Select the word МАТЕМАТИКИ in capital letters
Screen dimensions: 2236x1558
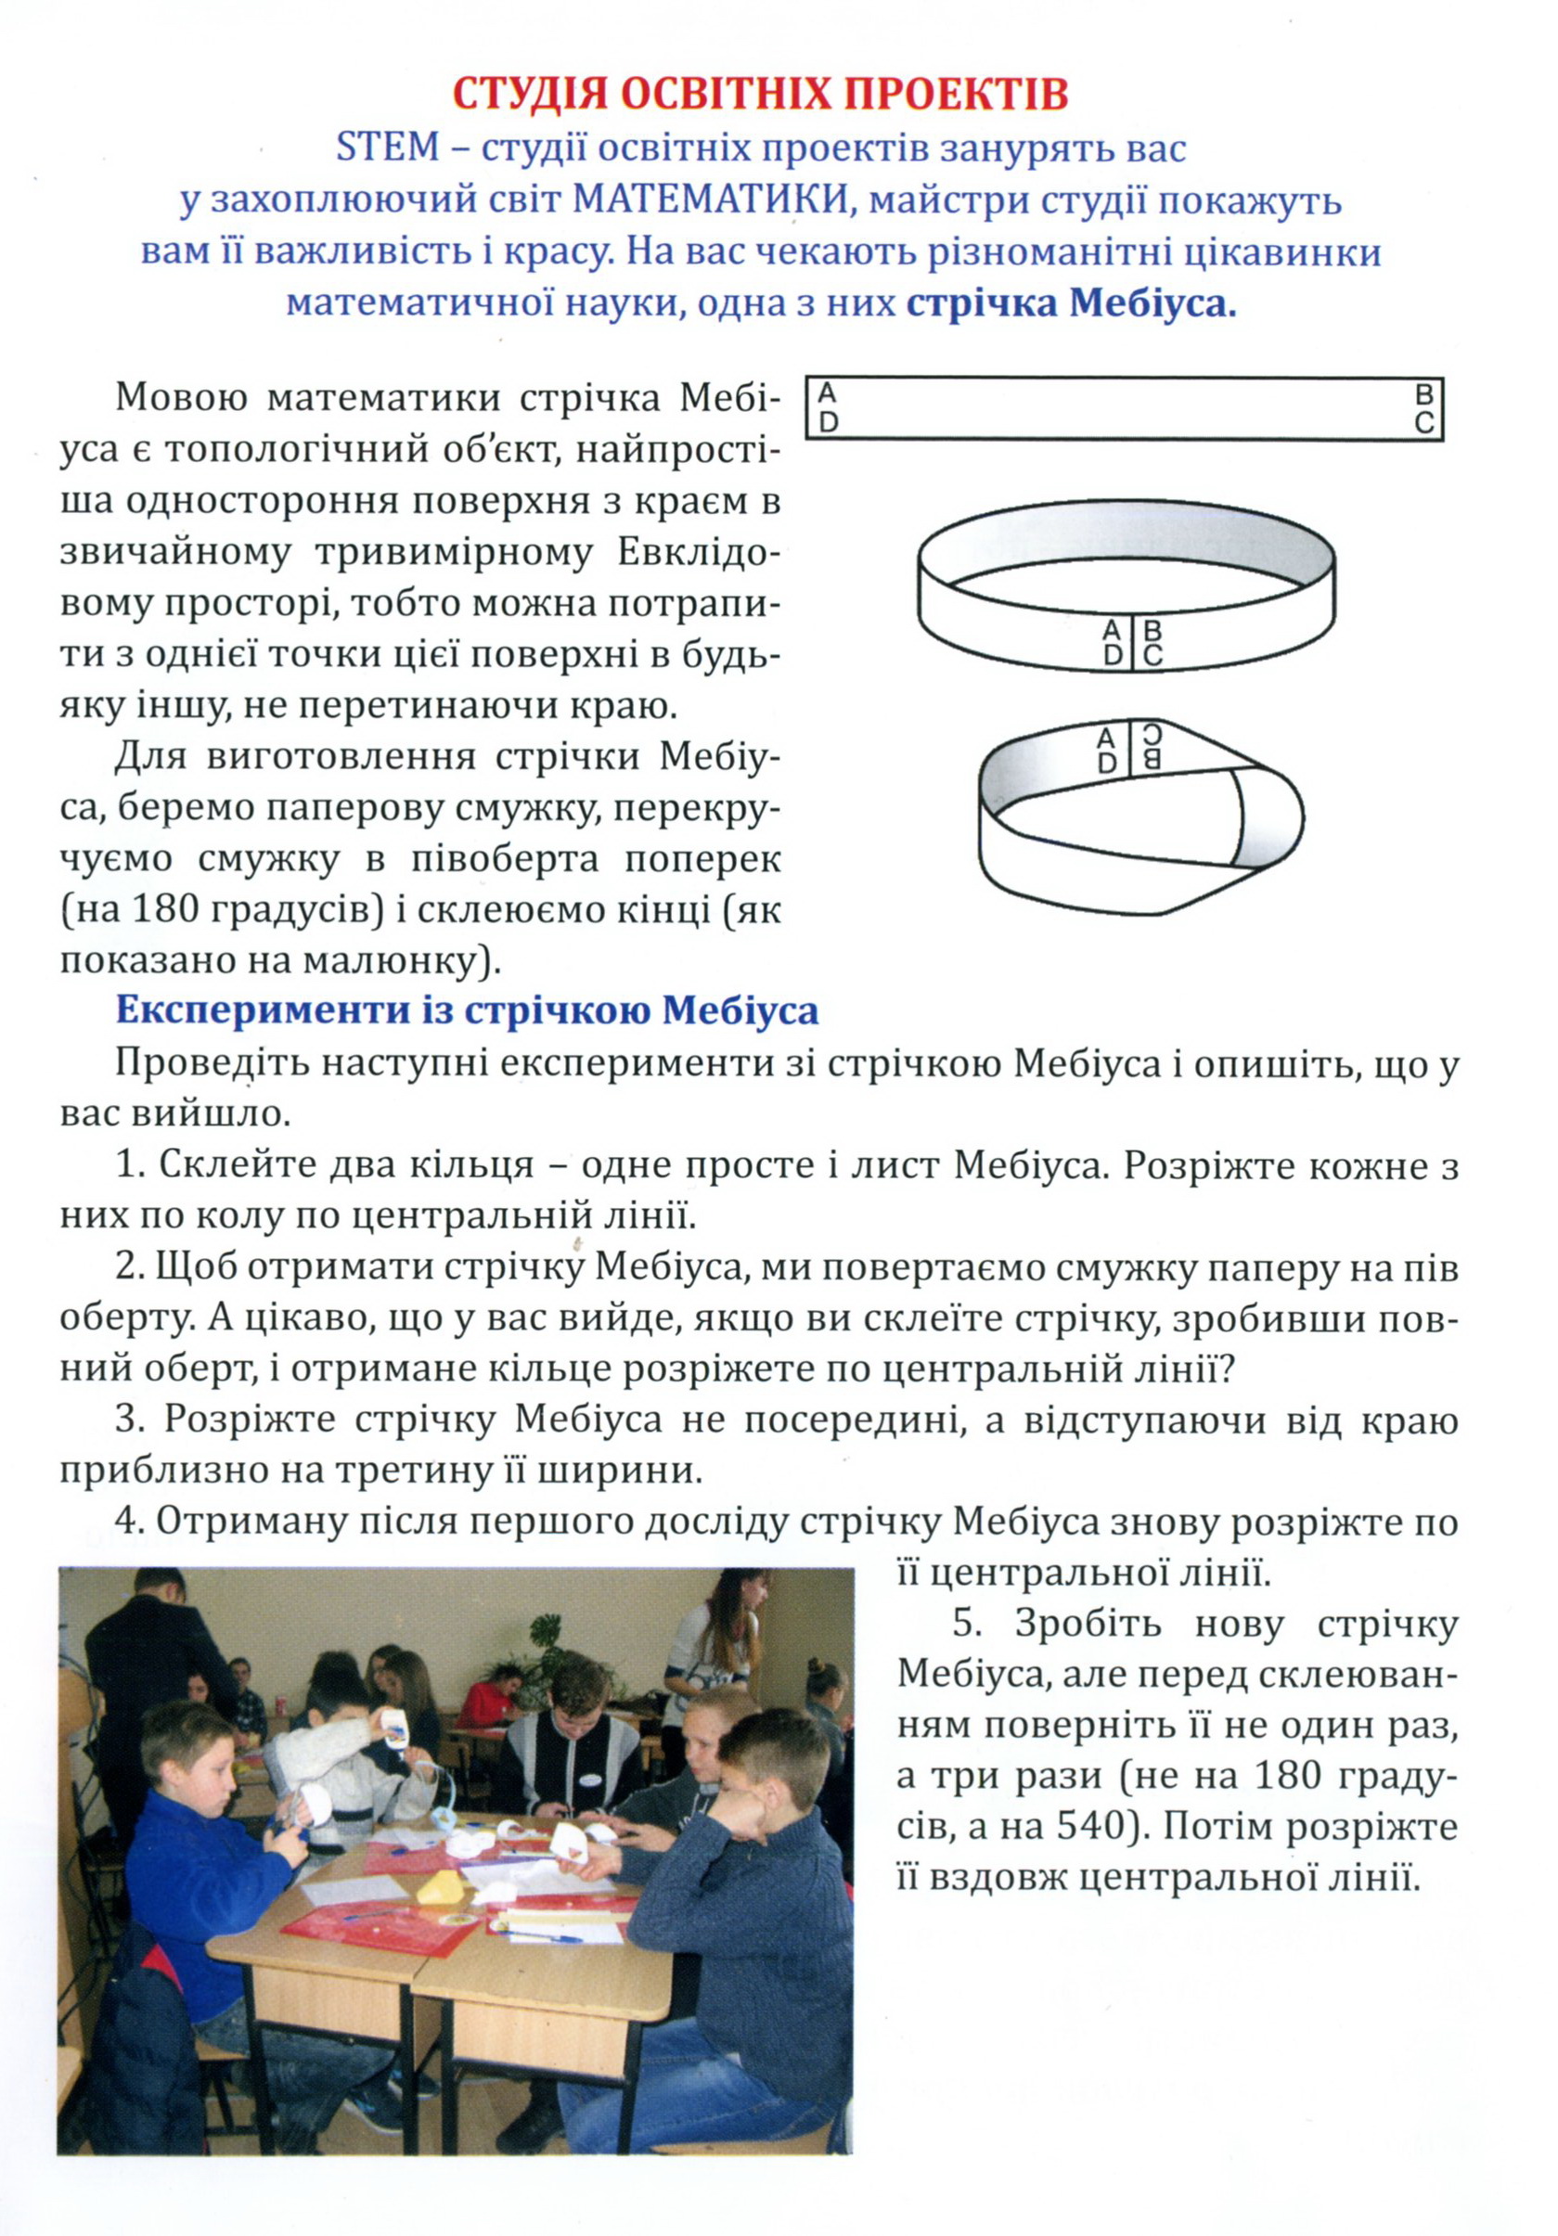pos(710,199)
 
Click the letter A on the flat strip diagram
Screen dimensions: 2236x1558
pos(827,392)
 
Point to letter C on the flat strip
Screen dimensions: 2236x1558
pos(1423,424)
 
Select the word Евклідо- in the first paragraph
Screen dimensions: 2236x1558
pos(698,552)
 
